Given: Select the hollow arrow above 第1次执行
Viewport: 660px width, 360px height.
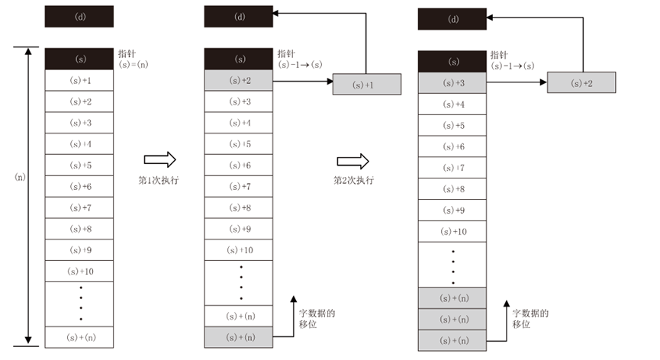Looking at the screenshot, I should tap(160, 159).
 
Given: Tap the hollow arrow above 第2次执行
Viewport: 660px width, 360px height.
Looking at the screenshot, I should tap(353, 161).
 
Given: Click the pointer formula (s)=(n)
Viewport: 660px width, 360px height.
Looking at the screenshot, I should tap(134, 65).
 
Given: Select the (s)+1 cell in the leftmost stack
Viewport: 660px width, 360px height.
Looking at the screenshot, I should tap(79, 80).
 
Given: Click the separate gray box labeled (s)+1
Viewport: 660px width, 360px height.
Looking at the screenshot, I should tap(365, 85).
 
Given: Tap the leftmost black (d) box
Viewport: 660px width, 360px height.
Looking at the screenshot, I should tap(79, 17).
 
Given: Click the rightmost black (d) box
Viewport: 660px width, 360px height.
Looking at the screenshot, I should tap(452, 19).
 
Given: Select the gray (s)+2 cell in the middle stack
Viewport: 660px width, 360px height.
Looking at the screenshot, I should tap(240, 80).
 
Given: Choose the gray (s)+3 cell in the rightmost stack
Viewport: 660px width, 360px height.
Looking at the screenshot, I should tap(453, 82).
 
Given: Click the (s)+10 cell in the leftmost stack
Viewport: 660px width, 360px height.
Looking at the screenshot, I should tap(79, 271).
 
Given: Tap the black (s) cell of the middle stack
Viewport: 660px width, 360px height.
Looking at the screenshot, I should tap(240, 59).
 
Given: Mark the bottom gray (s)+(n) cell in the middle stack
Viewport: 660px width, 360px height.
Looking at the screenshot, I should tap(240, 336).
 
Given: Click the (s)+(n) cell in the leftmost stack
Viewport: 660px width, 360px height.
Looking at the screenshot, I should tap(79, 336).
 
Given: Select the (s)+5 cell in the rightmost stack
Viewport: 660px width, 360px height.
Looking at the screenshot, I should tap(453, 124).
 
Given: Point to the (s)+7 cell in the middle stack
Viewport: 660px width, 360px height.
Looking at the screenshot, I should tap(240, 186).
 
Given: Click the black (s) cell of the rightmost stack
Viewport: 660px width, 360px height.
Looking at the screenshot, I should tap(453, 62).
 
